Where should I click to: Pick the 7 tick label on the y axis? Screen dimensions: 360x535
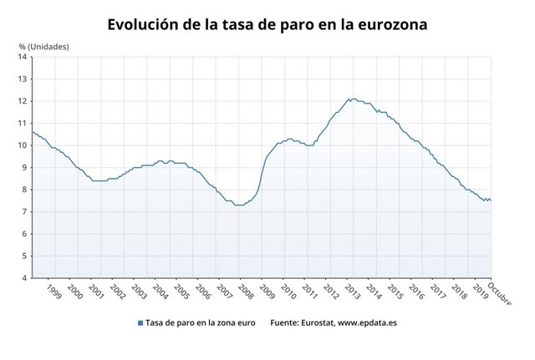(24, 211)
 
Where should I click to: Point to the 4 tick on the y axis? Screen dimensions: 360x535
(24, 277)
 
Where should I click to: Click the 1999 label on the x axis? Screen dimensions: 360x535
(53, 291)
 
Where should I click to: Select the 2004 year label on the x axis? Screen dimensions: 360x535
(160, 291)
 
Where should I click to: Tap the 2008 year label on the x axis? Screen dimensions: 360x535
(246, 291)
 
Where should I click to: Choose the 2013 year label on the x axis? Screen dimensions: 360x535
(353, 291)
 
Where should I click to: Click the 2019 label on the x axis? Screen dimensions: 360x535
(481, 291)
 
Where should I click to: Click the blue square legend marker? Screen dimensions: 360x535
(139, 322)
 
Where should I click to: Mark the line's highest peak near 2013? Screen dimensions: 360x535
(351, 99)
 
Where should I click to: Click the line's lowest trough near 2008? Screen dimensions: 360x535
(239, 205)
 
